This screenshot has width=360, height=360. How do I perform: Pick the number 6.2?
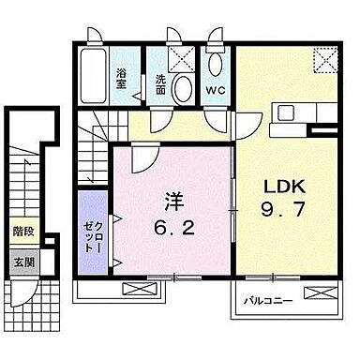click(x=173, y=227)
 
